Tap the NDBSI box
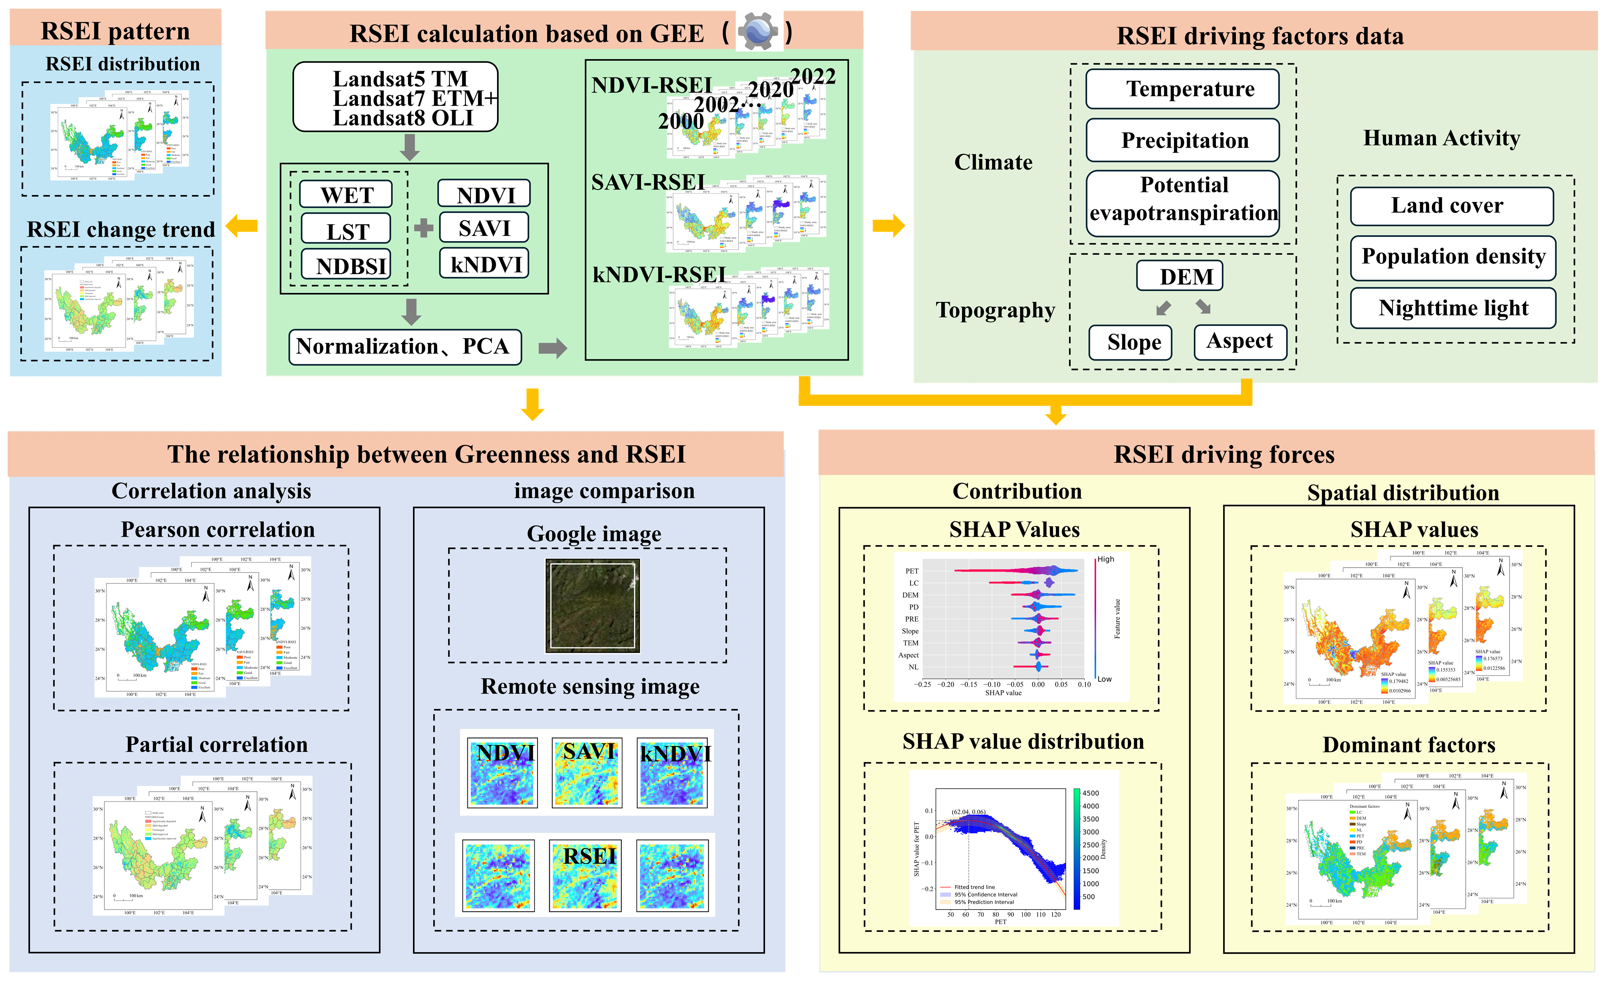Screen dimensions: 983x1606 [346, 264]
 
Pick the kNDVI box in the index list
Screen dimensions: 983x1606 [484, 263]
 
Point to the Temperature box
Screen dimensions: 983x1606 [1182, 89]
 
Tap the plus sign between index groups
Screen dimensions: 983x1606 [424, 228]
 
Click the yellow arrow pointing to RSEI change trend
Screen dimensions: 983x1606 [242, 226]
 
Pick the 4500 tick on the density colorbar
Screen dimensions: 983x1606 [1090, 793]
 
